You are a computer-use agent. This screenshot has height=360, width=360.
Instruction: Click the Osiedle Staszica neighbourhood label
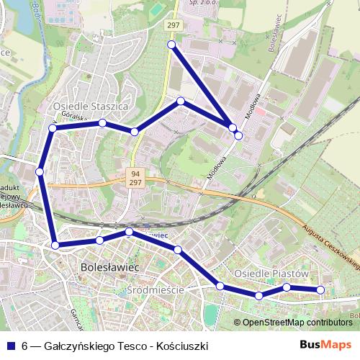(x=91, y=106)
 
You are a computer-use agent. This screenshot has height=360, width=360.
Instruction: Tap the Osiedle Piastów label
(x=271, y=274)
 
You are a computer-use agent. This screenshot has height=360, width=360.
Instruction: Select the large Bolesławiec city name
(x=107, y=267)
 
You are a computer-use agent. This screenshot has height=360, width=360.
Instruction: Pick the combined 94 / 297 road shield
(x=136, y=177)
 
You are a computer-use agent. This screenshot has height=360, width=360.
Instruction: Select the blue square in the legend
(x=10, y=346)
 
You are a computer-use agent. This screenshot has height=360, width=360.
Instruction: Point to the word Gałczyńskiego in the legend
(x=78, y=346)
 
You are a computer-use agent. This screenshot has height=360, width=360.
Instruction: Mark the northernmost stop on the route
(x=171, y=45)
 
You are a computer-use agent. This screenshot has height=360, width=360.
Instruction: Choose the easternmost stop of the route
(x=321, y=290)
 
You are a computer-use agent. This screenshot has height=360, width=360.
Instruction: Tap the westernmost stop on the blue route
(x=40, y=171)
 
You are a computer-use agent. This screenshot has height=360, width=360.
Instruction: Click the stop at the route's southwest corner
(x=55, y=246)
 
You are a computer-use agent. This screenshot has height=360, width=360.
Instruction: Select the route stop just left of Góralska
(x=52, y=128)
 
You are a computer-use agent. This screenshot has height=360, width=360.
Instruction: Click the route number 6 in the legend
(x=25, y=346)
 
